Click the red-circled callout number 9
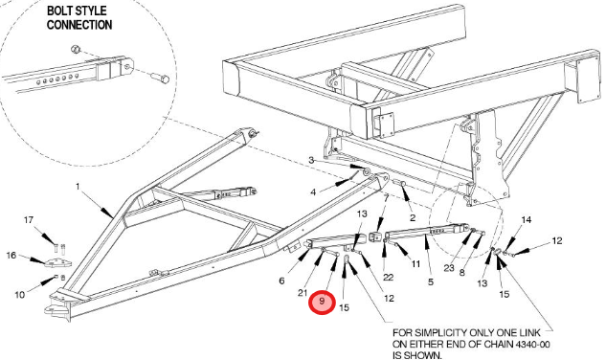coord(321,301)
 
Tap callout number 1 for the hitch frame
coord(78,187)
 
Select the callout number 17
coord(29,220)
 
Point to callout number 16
coord(11,256)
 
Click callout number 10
coord(20,295)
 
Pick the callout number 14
coord(527,219)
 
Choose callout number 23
coord(449,267)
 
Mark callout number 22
coord(388,277)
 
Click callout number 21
coord(303,293)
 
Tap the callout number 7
coord(386,198)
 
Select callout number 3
coord(311,160)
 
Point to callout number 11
coord(415,264)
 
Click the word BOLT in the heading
coord(62,11)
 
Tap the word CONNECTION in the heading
coord(79,25)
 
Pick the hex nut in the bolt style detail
coord(76,49)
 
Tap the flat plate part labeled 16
coord(58,263)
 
